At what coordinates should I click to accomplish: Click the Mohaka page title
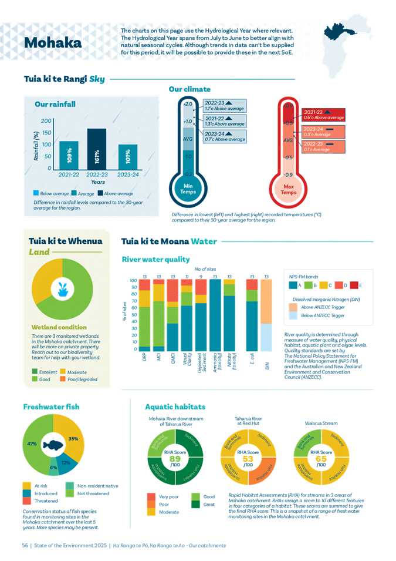(52, 43)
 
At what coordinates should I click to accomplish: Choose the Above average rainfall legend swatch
(101, 193)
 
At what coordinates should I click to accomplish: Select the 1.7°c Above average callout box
(224, 106)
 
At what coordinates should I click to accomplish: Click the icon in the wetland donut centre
(62, 288)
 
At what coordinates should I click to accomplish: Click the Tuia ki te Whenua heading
(65, 241)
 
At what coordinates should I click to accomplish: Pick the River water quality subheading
(155, 259)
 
